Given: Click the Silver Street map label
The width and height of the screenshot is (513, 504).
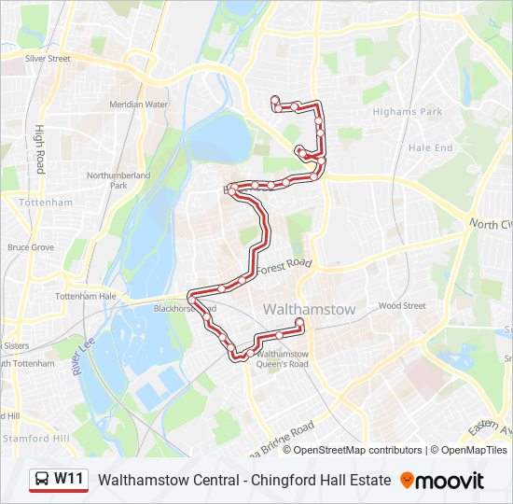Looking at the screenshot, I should point(49,58).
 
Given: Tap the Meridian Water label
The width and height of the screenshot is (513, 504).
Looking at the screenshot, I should point(139,105).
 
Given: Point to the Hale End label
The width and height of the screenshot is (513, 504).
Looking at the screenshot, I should point(430,147).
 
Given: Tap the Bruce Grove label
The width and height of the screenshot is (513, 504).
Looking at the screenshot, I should point(31,247).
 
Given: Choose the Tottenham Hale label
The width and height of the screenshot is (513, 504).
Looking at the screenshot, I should point(86,296).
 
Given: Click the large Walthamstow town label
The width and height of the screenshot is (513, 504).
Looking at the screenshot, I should point(310,309).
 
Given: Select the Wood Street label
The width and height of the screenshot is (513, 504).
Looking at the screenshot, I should point(402,305).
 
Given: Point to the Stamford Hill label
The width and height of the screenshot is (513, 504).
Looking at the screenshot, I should point(35,438).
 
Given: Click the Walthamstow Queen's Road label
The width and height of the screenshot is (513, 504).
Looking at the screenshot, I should point(282,359).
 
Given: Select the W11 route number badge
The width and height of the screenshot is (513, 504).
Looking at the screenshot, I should point(69,480).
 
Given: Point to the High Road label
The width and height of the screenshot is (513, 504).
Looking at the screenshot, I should point(40,149).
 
